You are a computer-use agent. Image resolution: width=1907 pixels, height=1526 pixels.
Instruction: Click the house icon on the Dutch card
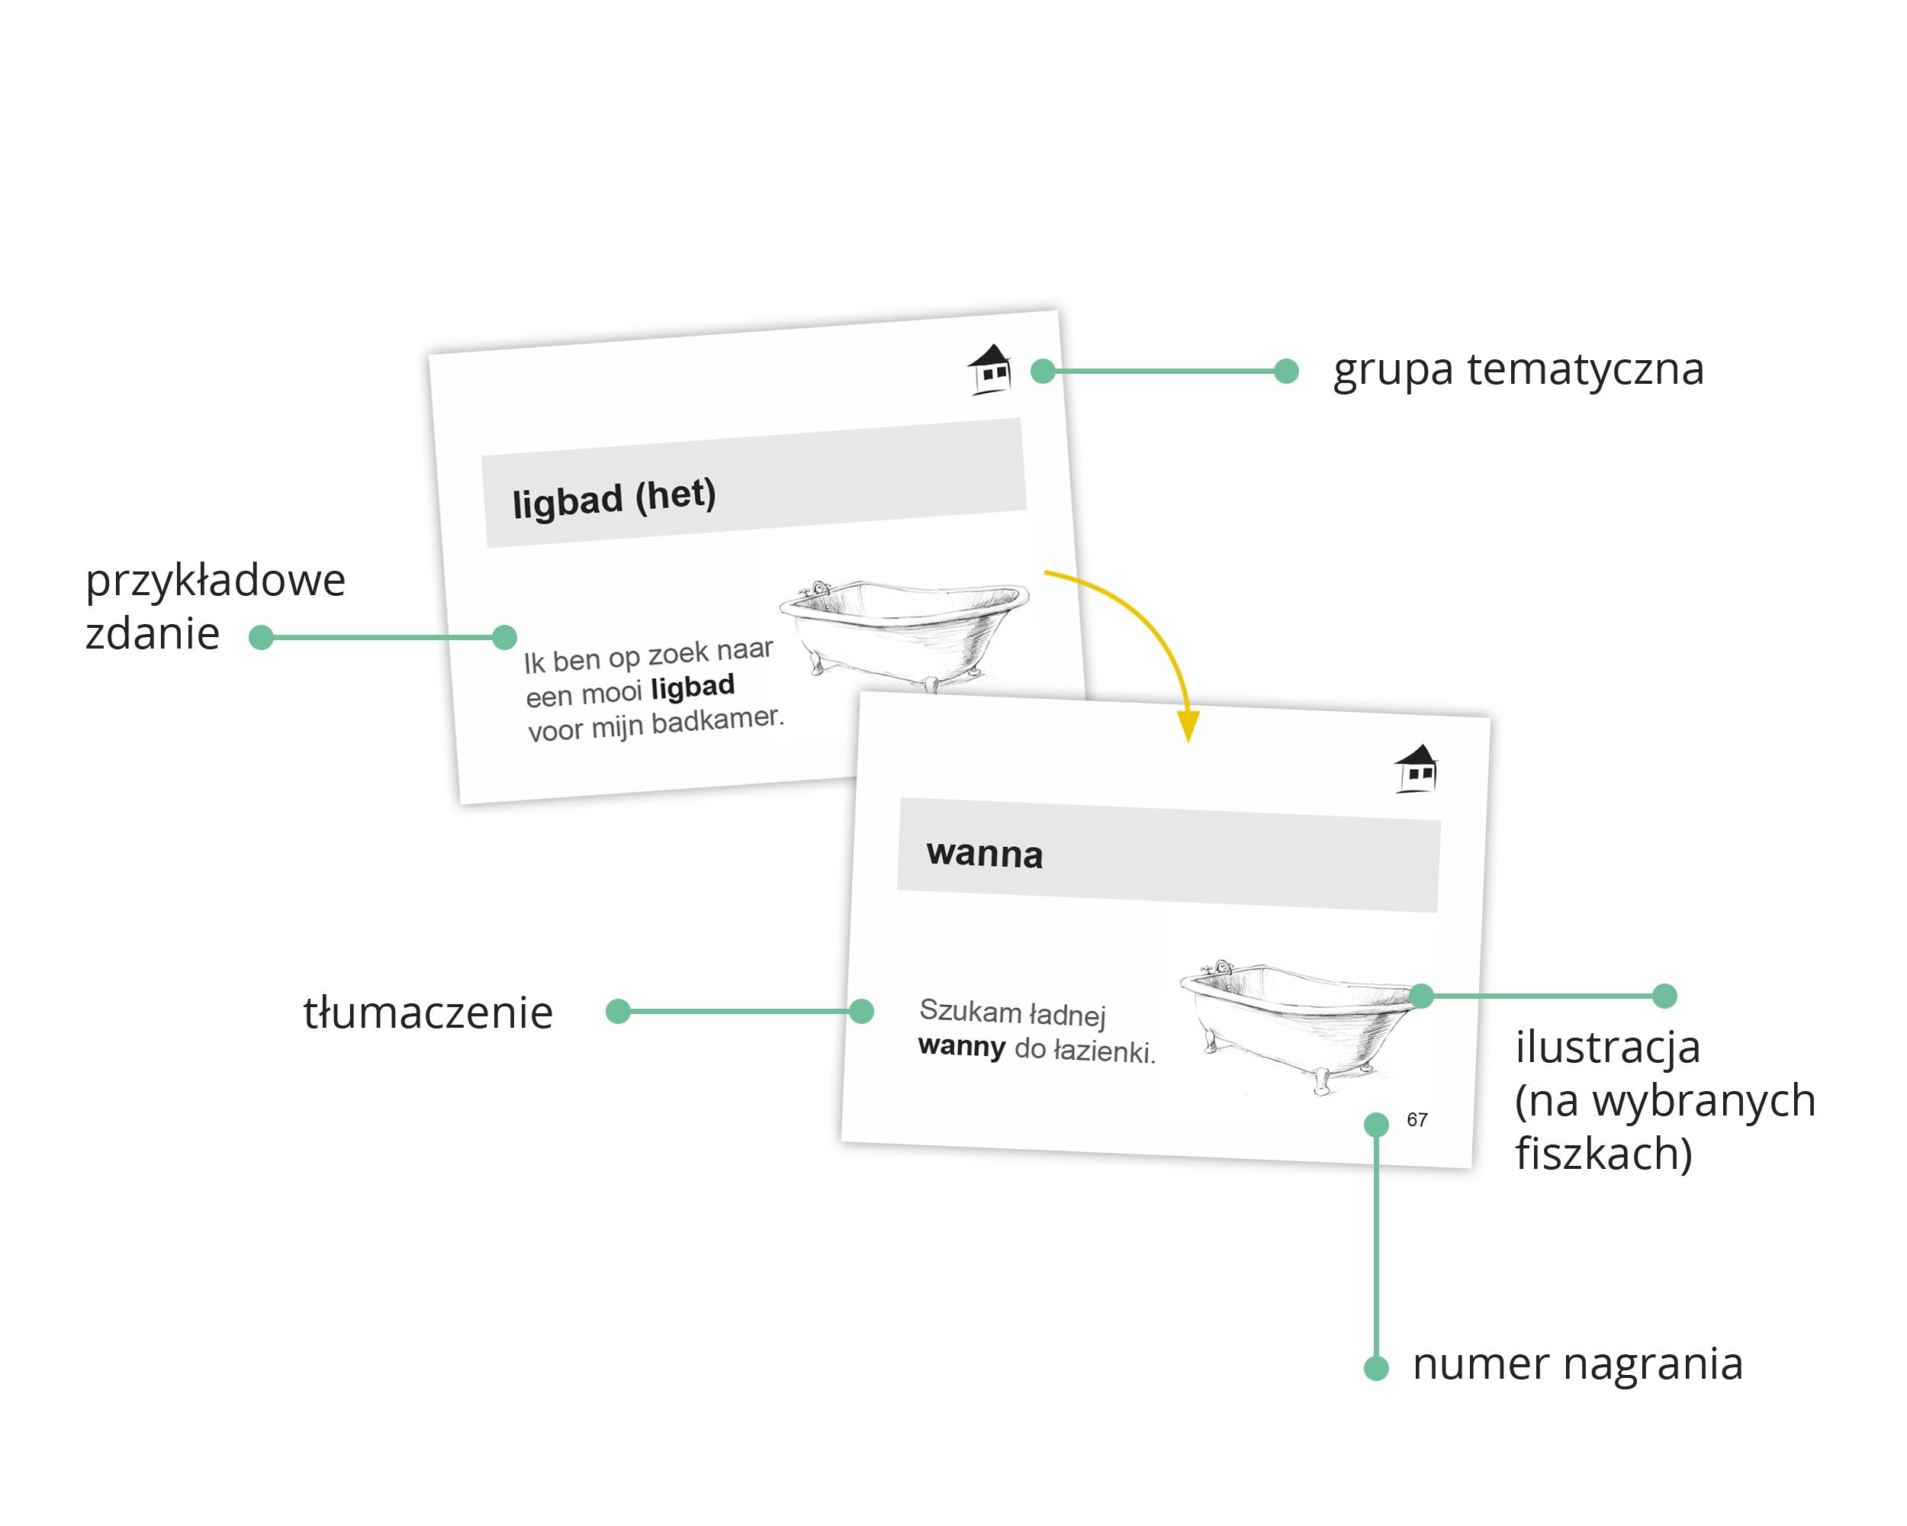[990, 368]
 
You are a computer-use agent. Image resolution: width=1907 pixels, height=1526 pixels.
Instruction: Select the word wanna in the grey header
[985, 854]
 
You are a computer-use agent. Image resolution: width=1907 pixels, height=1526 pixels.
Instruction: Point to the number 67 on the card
[1417, 1120]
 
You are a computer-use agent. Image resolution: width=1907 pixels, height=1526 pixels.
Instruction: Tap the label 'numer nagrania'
[1577, 1363]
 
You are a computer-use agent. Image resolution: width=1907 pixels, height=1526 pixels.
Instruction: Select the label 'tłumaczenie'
[428, 1012]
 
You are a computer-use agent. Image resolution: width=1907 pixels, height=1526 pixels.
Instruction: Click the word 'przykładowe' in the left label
[215, 581]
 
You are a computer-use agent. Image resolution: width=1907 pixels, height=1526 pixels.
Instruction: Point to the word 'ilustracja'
[1607, 1047]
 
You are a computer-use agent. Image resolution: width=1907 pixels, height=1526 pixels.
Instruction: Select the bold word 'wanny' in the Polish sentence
[961, 1047]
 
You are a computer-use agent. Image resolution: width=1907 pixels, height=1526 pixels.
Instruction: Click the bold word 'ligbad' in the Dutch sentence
[692, 687]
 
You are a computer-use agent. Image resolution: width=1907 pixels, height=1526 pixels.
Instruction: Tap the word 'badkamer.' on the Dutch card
[717, 720]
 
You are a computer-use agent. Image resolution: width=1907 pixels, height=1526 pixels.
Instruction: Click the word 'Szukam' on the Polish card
[970, 1009]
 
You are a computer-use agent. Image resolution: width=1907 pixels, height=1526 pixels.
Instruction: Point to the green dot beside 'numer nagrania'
[1376, 1369]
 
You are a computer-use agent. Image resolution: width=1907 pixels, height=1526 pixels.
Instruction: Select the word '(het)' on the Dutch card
[675, 494]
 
